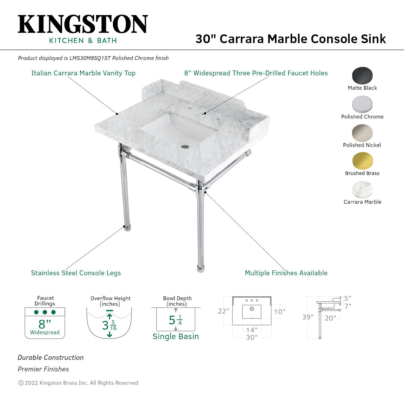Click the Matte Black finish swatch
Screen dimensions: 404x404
[x=362, y=75]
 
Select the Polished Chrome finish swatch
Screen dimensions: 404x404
[x=362, y=104]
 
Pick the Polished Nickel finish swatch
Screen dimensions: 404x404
[x=362, y=133]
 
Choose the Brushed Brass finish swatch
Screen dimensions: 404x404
[x=362, y=161]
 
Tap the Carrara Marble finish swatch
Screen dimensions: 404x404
[x=362, y=190]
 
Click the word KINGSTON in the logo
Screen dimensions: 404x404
[x=83, y=24]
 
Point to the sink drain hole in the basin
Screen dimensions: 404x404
[x=185, y=146]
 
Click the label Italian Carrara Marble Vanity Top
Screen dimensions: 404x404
[x=83, y=73]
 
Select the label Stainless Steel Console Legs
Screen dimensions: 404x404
[x=76, y=273]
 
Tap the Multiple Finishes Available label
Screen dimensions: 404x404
[x=286, y=273]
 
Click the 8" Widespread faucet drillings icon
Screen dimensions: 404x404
[x=45, y=323]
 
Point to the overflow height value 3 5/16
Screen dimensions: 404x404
[x=109, y=325]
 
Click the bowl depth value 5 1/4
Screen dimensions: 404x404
[x=175, y=320]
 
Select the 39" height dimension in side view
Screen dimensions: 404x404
[x=308, y=317]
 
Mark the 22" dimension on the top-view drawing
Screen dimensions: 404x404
[x=223, y=311]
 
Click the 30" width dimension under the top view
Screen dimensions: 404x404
[x=251, y=337]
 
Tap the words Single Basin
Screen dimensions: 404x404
[x=175, y=336]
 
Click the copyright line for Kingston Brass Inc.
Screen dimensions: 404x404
[x=78, y=383]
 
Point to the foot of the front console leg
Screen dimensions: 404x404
[x=200, y=269]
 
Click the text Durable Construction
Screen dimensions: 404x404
[x=51, y=357]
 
